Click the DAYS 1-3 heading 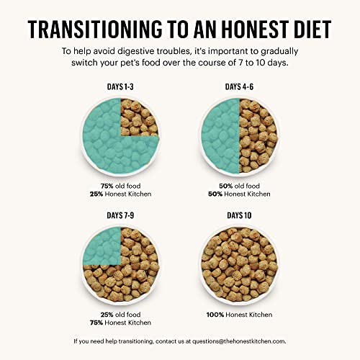(119, 87)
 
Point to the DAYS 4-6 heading (240, 87)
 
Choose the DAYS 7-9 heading (119, 215)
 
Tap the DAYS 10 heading (240, 215)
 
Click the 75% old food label (119, 184)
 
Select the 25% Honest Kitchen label (119, 193)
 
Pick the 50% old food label (240, 184)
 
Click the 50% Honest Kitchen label (240, 193)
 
